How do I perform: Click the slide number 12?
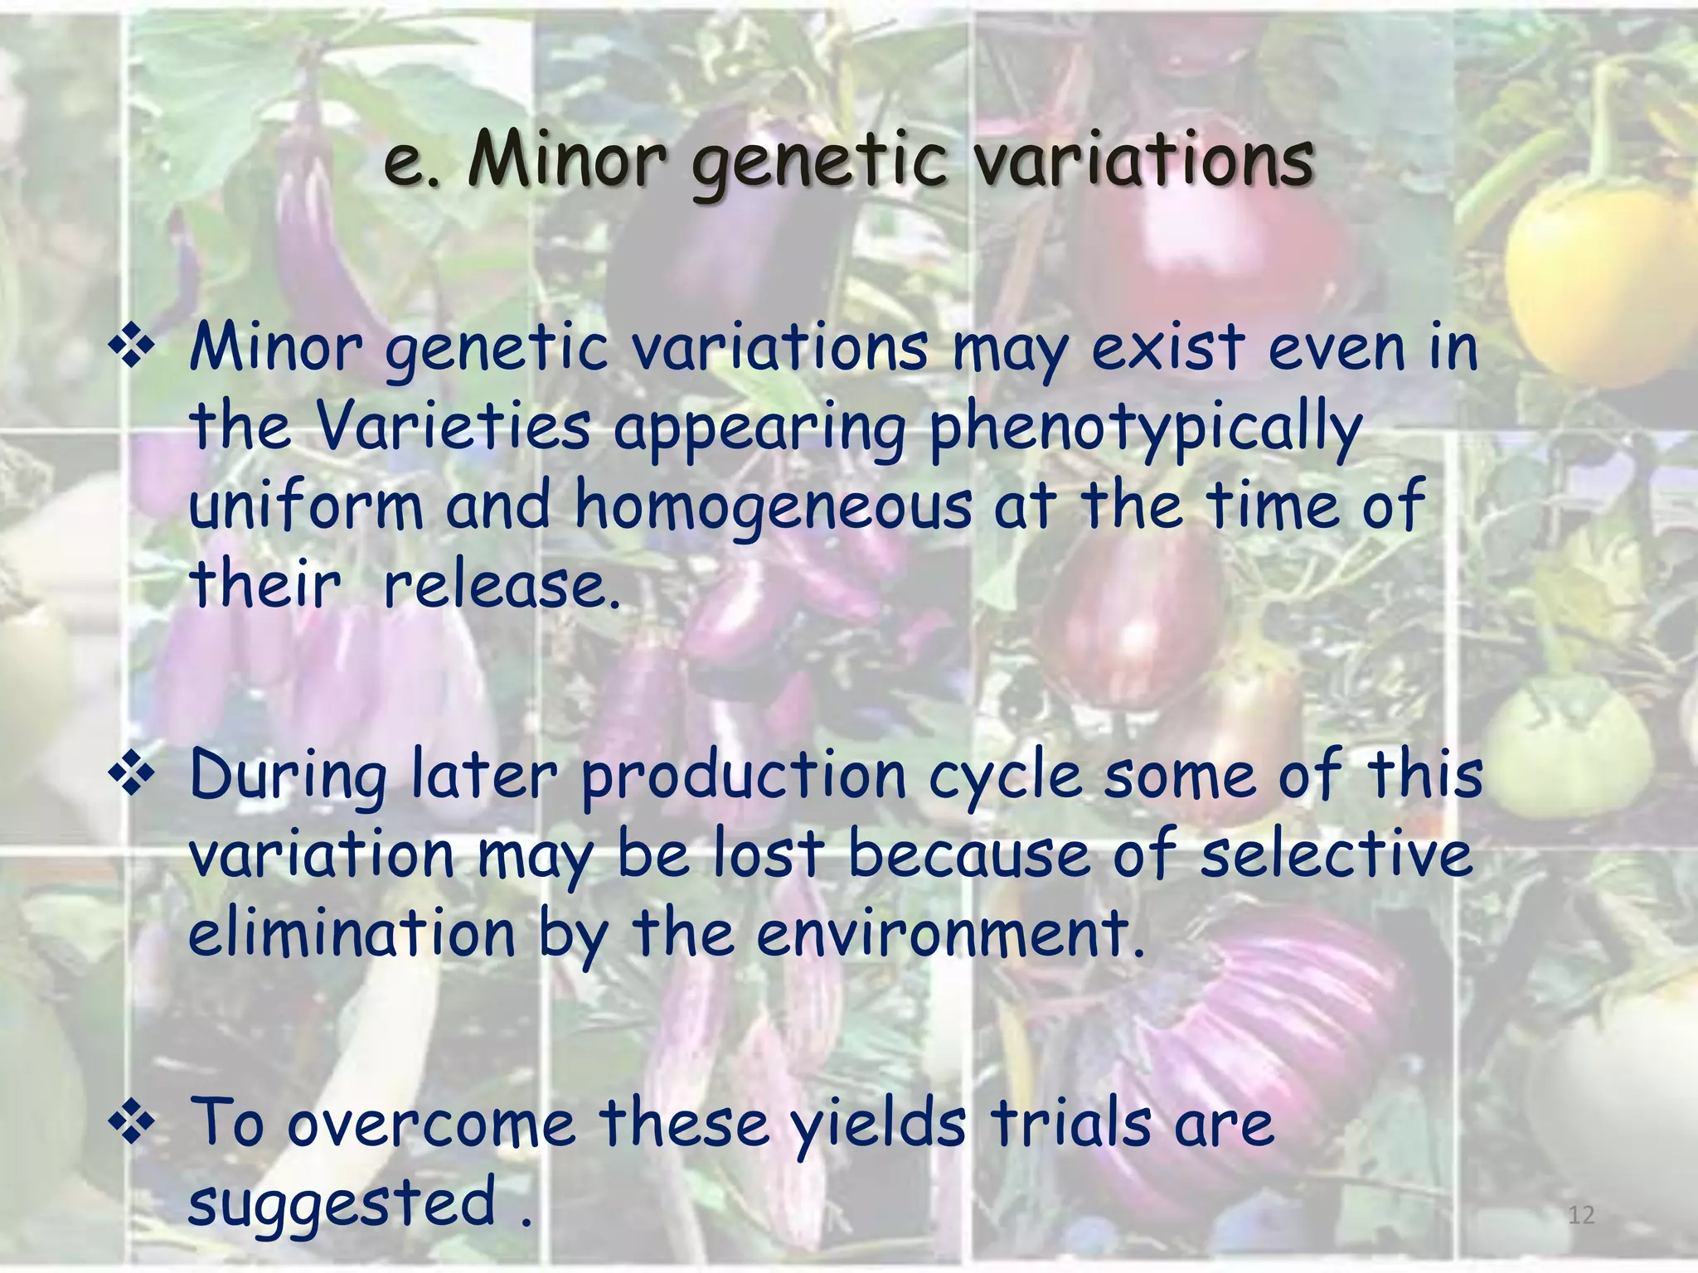[1581, 1215]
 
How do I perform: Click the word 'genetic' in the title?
[818, 162]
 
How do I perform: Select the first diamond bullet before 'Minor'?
[131, 346]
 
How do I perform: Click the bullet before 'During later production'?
[131, 776]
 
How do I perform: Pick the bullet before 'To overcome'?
[131, 1124]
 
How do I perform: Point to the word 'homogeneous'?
[773, 506]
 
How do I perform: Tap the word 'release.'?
[502, 585]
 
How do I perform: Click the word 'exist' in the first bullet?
[1168, 348]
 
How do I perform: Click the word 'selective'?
[1337, 855]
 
